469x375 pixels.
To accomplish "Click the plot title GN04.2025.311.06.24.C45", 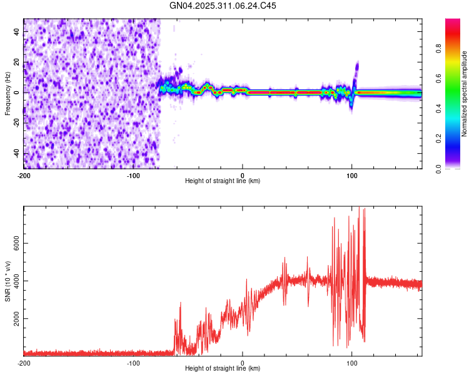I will [223, 6].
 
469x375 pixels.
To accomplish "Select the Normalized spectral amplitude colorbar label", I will [465, 94].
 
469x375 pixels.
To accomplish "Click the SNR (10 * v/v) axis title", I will [8, 281].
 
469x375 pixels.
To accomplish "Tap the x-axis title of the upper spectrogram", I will [223, 181].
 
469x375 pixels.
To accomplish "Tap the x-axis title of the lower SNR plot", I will [223, 369].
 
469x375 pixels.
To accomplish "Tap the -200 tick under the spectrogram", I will [24, 175].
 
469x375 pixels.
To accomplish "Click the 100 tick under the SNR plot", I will [351, 362].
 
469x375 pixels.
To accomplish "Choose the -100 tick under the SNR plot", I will [133, 362].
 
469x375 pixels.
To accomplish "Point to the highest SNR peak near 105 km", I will [359, 208].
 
